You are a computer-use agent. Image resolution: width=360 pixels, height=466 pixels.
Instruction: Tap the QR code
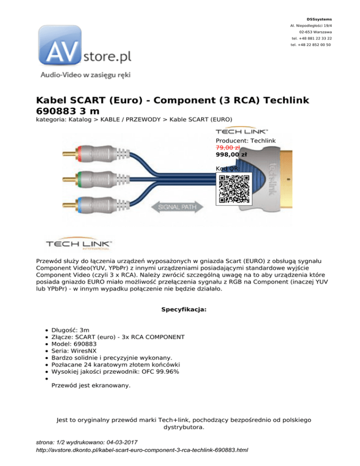[x=234, y=189]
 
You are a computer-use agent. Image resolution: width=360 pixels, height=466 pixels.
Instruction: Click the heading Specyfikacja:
[x=180, y=309]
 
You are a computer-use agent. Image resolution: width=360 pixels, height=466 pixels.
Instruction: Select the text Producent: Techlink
[x=245, y=140]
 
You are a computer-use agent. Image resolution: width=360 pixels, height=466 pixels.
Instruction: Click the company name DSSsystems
[x=320, y=19]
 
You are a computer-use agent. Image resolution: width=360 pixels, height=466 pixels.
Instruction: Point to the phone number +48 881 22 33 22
[x=312, y=38]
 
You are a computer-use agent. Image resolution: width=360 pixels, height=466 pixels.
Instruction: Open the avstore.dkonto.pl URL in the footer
[x=142, y=450]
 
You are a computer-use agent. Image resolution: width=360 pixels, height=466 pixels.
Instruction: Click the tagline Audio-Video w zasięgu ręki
[x=85, y=75]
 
